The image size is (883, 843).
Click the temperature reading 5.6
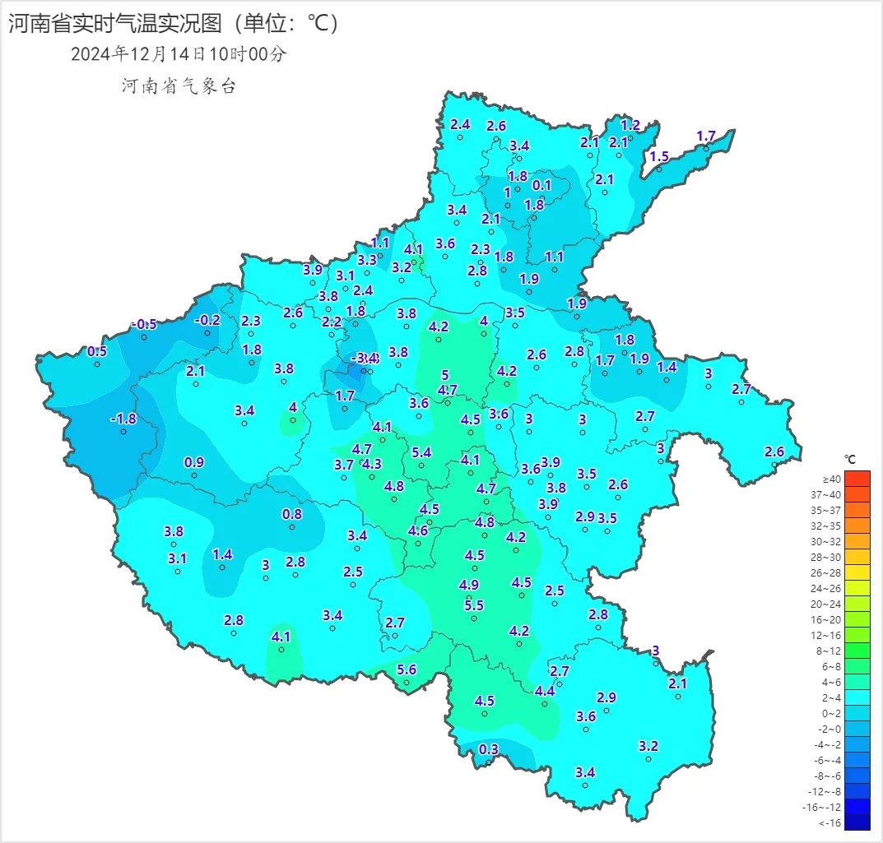point(407,669)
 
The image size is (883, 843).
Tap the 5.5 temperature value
point(474,605)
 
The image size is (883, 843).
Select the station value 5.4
point(421,452)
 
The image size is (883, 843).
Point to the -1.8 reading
point(123,419)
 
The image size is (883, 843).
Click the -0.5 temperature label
point(143,324)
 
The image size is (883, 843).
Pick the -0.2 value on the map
point(207,320)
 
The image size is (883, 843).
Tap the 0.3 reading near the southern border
point(489,748)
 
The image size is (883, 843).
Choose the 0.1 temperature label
point(541,185)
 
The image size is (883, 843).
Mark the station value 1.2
point(630,125)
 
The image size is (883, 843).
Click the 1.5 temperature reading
point(659,156)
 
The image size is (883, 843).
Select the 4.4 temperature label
point(545,691)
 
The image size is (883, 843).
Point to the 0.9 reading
point(194,462)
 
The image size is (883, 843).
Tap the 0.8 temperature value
point(292,514)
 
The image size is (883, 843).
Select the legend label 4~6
point(831,682)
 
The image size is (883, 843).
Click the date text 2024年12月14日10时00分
point(179,54)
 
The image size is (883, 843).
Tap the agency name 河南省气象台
point(179,86)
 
